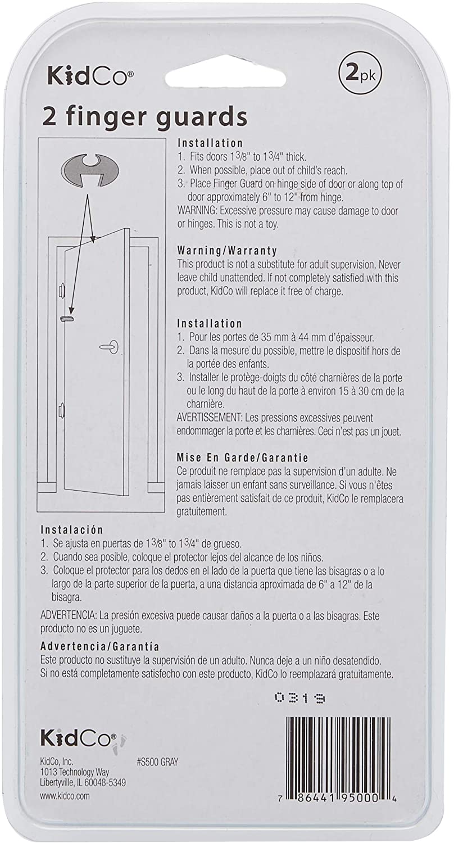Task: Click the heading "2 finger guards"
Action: pos(145,118)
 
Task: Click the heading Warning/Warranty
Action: pos(227,250)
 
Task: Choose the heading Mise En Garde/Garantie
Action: pos(243,457)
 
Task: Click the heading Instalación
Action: pos(72,529)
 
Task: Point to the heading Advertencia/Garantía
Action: pos(100,646)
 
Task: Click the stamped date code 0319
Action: pos(301,698)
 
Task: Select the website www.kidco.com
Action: pos(65,796)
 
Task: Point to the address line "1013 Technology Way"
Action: pos(75,772)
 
